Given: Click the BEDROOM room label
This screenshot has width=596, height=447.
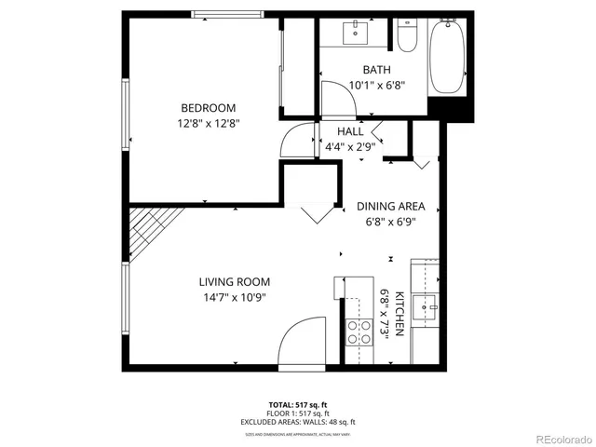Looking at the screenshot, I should [x=208, y=108].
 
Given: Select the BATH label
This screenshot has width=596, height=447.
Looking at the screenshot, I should [x=376, y=70].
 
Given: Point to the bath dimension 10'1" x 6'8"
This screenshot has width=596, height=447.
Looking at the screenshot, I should [x=376, y=85].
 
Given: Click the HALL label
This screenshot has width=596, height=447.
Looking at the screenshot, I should [x=350, y=131].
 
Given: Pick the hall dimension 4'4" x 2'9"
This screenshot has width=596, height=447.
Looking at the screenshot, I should [x=350, y=146].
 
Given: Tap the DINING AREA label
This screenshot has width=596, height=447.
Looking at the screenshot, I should [x=391, y=206].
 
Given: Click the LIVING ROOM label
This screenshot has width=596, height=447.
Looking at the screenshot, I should [x=234, y=282].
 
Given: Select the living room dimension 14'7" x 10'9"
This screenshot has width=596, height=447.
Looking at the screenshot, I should [x=234, y=297].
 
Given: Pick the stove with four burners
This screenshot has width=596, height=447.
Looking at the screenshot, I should [x=356, y=332].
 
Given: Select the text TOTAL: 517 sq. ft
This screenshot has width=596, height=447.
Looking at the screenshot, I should [x=298, y=404].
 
